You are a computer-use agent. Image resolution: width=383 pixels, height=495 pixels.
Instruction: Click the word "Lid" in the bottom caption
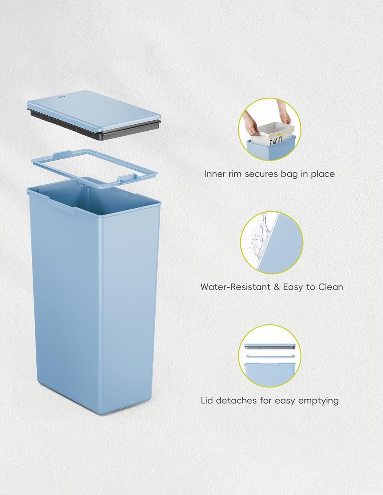pos(207,400)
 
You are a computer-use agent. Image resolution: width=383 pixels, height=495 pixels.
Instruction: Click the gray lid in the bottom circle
pos(270,347)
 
